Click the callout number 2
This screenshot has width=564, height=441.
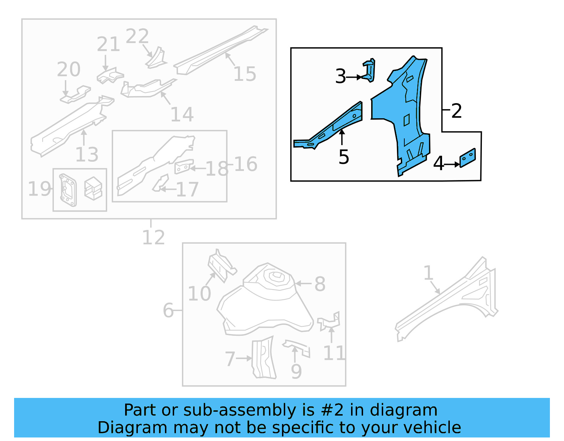456,111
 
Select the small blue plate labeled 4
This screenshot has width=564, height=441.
467,158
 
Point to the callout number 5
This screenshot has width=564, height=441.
343,157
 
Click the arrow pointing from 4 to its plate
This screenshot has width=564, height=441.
452,164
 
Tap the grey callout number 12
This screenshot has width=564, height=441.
153,238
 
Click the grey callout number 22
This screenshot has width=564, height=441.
137,36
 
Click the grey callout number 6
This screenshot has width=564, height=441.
168,310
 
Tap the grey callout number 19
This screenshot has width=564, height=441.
39,189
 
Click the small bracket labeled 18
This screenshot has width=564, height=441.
184,166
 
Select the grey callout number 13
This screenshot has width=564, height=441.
87,155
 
